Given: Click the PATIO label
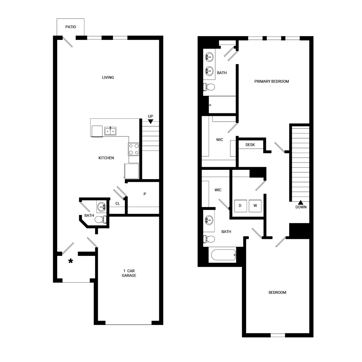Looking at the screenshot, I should click(x=71, y=27).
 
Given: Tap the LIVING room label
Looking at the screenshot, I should click(x=108, y=77).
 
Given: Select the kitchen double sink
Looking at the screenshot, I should click(x=110, y=131).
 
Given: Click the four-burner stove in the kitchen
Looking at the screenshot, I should click(x=134, y=149).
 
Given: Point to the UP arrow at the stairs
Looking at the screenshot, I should click(x=151, y=122).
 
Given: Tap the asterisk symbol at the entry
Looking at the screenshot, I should click(x=71, y=261).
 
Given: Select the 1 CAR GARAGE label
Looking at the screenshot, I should click(x=129, y=273).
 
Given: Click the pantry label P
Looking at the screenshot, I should click(x=145, y=194).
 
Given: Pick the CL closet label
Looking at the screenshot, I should click(x=118, y=204).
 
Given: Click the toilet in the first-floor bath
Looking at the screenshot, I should click(x=102, y=219).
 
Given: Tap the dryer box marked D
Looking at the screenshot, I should click(x=240, y=206).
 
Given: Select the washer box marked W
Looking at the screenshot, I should click(x=255, y=206).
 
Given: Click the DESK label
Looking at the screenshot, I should click(x=250, y=145).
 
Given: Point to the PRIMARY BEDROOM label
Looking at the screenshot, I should click(x=271, y=81).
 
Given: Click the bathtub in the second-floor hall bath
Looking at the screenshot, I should click(x=222, y=255).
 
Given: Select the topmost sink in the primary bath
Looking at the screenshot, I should click(x=209, y=57).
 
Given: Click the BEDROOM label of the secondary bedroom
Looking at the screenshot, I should click(x=277, y=292).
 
